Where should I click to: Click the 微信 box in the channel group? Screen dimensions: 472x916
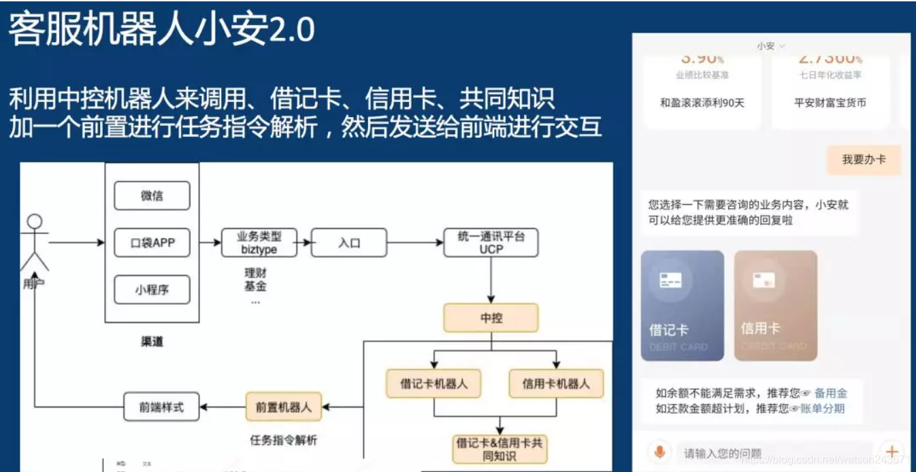point(151,196)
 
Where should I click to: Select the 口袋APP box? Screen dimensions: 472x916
point(151,243)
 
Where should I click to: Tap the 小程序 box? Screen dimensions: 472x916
point(151,290)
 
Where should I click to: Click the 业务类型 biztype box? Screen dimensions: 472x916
point(259,243)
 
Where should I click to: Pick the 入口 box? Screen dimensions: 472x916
point(348,243)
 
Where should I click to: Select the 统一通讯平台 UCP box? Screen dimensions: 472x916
point(490,243)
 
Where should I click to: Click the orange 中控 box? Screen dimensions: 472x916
point(491,318)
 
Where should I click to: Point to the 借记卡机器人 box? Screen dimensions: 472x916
point(434,384)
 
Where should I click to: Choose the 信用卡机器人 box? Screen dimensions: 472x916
point(556,384)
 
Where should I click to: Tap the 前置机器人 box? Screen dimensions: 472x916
point(284,407)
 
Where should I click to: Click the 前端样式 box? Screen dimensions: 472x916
point(161,407)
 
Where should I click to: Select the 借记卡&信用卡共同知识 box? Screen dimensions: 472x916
point(500,449)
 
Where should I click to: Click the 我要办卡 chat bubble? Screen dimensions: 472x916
point(863,160)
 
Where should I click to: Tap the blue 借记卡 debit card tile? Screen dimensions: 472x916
point(682,305)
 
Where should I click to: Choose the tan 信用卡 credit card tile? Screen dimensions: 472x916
point(775,305)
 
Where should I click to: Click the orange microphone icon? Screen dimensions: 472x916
point(659,452)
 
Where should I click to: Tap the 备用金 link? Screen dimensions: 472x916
point(830,393)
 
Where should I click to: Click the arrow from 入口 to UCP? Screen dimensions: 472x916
point(415,243)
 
